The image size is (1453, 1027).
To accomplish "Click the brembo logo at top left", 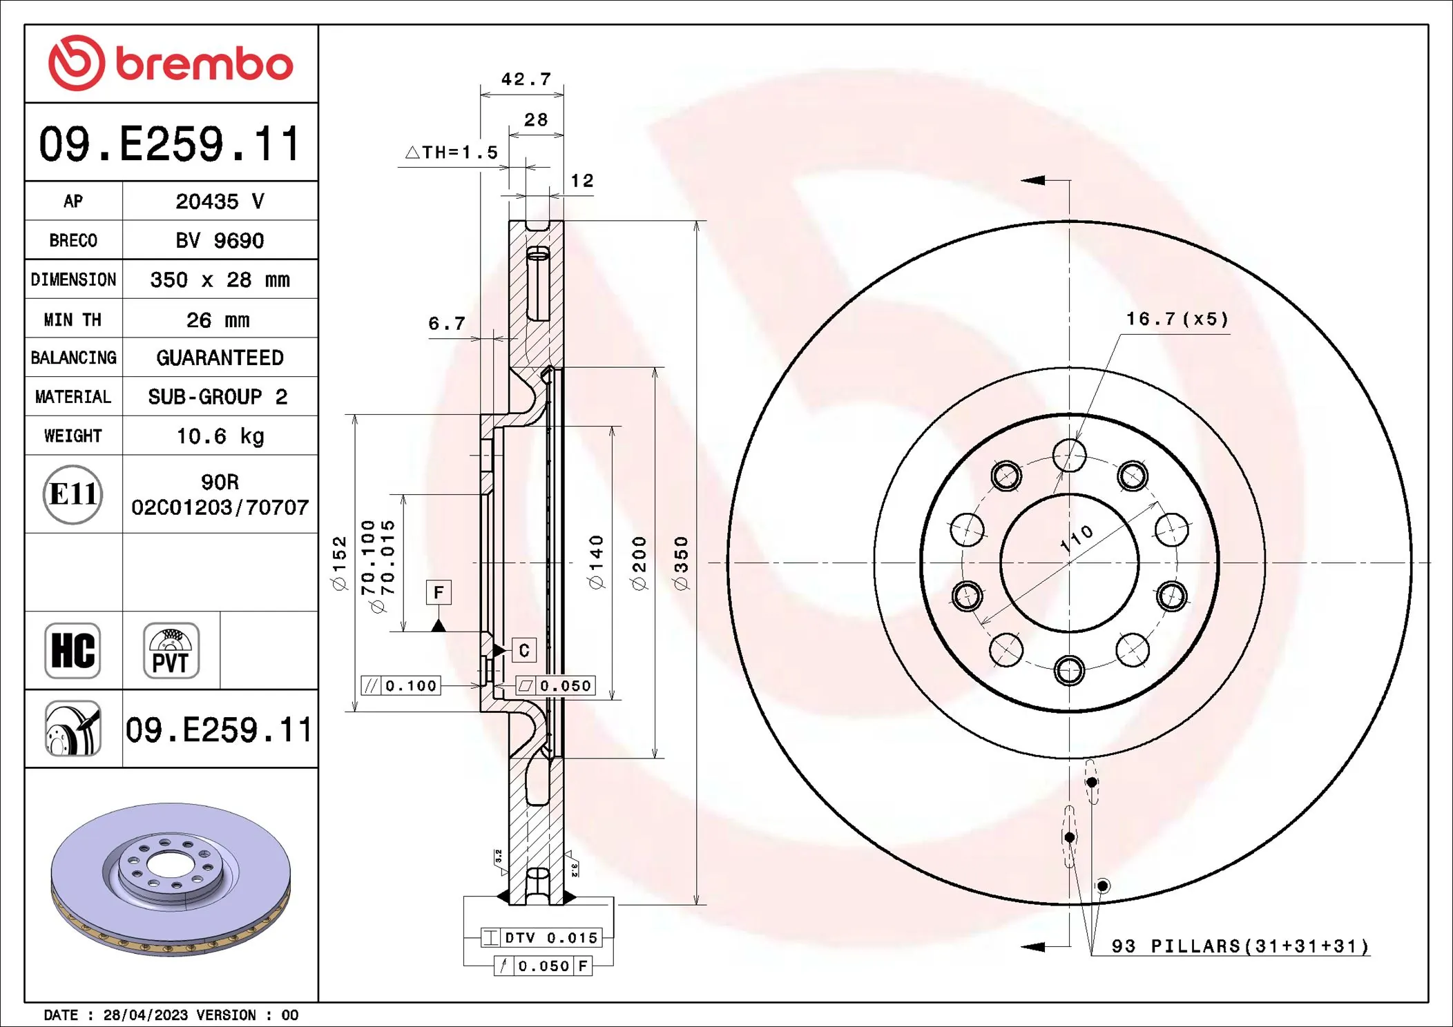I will coord(171,63).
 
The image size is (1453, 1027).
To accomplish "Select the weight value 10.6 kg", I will coord(220,436).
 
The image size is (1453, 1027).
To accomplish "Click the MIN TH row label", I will coord(73,320).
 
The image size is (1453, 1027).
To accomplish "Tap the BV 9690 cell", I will coord(220,241).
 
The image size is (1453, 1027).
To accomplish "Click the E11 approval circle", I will coord(73,494).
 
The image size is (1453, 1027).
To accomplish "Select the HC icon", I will coord(73,651).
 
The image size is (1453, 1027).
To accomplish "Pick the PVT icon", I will coord(171,651).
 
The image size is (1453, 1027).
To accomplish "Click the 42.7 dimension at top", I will coord(526,79).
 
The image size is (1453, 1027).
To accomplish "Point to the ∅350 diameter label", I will coord(681,563).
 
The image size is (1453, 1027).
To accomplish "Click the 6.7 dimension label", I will coord(447,324).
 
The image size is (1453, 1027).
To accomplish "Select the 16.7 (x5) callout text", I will coord(1177,319).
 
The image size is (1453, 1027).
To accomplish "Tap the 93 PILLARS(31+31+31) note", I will coord(1240,946).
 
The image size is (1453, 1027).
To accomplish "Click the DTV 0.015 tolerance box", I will coord(542,938).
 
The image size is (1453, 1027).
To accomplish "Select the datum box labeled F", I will coord(439,592).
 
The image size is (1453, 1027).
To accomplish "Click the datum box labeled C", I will coord(524,650).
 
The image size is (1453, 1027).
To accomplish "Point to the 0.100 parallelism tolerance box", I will coord(401,685).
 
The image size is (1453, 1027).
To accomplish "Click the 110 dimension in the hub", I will coord(1077,538).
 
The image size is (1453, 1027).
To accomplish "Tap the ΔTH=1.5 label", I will coord(452,153).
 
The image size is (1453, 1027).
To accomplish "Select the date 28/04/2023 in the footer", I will coord(145,1015).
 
